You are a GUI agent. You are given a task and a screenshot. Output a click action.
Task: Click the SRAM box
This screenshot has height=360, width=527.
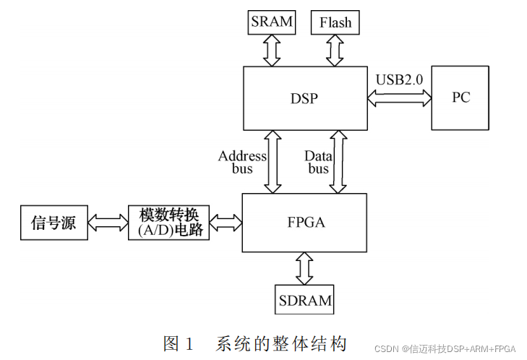[272, 22]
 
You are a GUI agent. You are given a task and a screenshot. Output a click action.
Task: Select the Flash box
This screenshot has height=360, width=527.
[335, 22]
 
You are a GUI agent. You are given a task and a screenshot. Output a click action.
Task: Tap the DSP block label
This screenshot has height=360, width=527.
[304, 98]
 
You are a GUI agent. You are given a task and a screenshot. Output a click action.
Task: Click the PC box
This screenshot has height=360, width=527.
[460, 97]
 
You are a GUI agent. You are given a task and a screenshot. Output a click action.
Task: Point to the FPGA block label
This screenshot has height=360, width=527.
[304, 222]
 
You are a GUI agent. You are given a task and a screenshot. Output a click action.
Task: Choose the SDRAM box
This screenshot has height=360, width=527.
[304, 299]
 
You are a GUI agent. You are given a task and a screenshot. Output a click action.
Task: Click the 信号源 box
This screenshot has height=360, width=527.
[53, 222]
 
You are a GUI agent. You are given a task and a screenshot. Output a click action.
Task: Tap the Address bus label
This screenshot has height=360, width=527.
[242, 162]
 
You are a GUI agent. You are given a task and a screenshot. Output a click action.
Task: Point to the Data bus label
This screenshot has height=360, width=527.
[318, 162]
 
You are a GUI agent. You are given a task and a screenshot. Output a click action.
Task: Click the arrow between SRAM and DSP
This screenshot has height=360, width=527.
[272, 49]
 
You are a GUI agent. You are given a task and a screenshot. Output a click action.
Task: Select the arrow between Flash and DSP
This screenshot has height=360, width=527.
[335, 49]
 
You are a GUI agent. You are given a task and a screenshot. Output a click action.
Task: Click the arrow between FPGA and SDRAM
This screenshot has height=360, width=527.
[304, 267]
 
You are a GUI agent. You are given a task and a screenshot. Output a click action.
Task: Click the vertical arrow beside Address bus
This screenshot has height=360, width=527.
[273, 161]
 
